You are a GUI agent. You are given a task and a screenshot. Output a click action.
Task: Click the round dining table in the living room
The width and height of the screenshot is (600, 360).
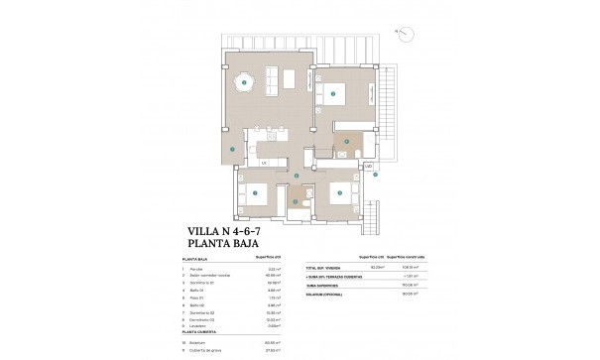coord(243,84)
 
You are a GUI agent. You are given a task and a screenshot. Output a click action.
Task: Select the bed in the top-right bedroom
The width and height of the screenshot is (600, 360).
coord(335,94)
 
